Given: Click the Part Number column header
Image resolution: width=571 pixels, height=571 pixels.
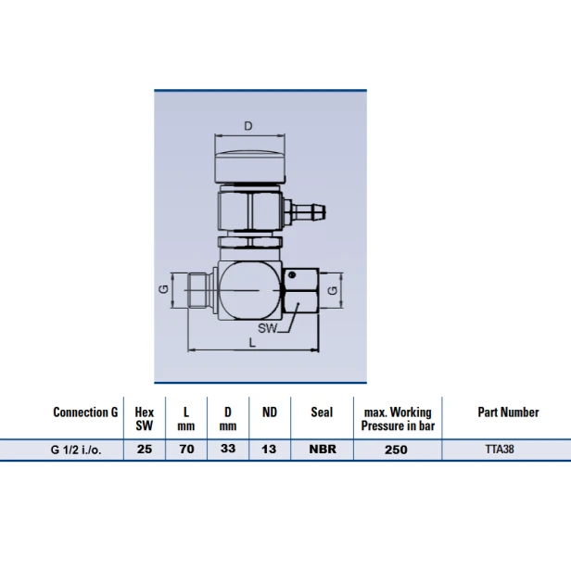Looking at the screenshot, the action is pos(508,412).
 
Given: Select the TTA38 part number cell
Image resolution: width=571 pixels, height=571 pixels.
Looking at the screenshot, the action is pos(500,449).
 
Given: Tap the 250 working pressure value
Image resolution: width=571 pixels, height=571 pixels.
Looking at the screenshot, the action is pos(396,450).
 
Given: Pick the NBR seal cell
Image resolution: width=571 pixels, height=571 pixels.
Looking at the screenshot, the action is pos(323,449).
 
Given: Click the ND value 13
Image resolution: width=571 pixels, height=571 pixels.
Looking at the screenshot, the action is pos(269,449).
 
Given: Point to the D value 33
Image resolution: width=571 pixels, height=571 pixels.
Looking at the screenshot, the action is pos(228,449).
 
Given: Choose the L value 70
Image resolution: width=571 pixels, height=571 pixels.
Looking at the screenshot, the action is pos(186,449).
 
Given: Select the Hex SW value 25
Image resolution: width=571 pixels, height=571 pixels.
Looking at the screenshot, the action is pos(145,449).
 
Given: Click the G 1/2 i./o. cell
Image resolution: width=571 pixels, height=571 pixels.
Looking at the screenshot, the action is pos(76,450).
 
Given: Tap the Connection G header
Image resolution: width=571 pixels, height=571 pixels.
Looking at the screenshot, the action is pos(85,412).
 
